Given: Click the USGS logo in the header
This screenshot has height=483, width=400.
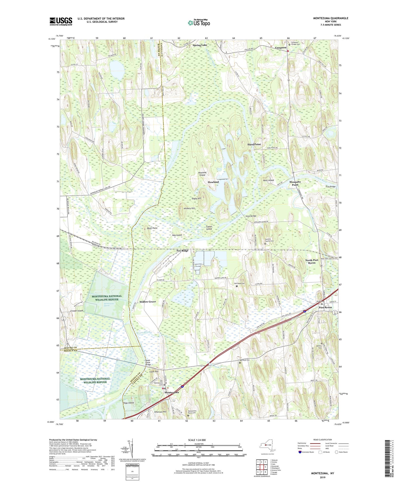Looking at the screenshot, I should tap(61, 21).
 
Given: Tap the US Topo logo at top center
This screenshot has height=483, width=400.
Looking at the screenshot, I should tap(199, 23).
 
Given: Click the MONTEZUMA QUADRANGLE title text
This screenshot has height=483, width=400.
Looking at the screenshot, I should tap(331, 18).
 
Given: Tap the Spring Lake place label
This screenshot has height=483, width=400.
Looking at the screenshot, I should tap(200, 45).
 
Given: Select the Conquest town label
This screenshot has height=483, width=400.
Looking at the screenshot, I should tap(281, 48).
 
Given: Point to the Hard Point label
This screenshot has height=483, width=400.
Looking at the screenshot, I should tap(254, 144).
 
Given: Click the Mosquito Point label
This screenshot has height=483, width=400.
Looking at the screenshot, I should tap(295, 183).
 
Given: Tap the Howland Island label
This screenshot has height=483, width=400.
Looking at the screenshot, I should tap(202, 174).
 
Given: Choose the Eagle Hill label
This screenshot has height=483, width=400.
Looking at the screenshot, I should tap(196, 198).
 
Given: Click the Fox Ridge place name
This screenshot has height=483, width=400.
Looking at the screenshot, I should tap(182, 251).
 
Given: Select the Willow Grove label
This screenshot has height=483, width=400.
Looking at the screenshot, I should tap(148, 302).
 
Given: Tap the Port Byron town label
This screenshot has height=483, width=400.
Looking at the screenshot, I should tap(325, 307).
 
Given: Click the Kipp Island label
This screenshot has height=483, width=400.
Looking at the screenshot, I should tap(129, 403).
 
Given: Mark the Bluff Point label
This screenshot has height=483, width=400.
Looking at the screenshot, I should tap(152, 228).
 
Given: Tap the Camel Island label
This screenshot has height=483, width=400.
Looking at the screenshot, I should tap(209, 228).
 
